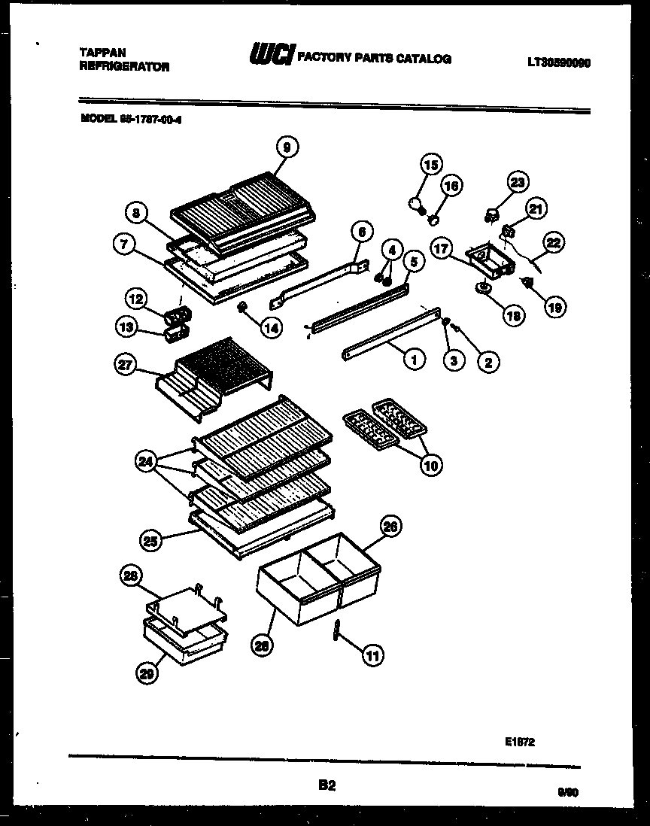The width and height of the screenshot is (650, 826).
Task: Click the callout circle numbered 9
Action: (x=286, y=148)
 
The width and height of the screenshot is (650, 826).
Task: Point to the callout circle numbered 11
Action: (x=372, y=655)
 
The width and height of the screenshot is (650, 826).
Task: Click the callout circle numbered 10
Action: (x=432, y=466)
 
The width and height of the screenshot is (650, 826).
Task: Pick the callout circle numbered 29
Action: (x=150, y=676)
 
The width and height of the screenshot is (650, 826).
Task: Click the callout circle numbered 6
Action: (x=360, y=233)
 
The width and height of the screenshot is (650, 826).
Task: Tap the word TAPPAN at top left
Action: (x=102, y=53)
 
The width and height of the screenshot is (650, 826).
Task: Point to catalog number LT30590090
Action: (x=558, y=63)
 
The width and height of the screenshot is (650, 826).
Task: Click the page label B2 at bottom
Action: (x=327, y=785)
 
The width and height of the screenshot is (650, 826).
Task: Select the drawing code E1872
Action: (x=520, y=741)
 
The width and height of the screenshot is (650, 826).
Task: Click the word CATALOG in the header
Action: (x=425, y=58)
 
